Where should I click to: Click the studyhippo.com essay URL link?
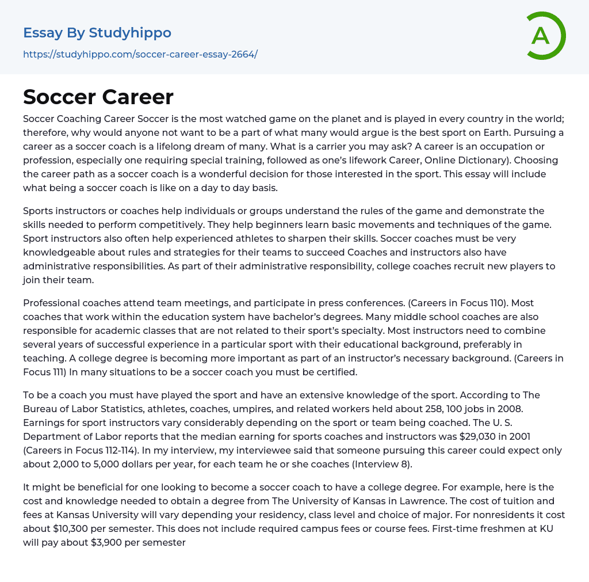(140, 54)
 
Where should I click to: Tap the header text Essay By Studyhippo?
(97, 33)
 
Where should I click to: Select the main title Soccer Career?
(98, 97)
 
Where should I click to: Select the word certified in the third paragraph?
(334, 372)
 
